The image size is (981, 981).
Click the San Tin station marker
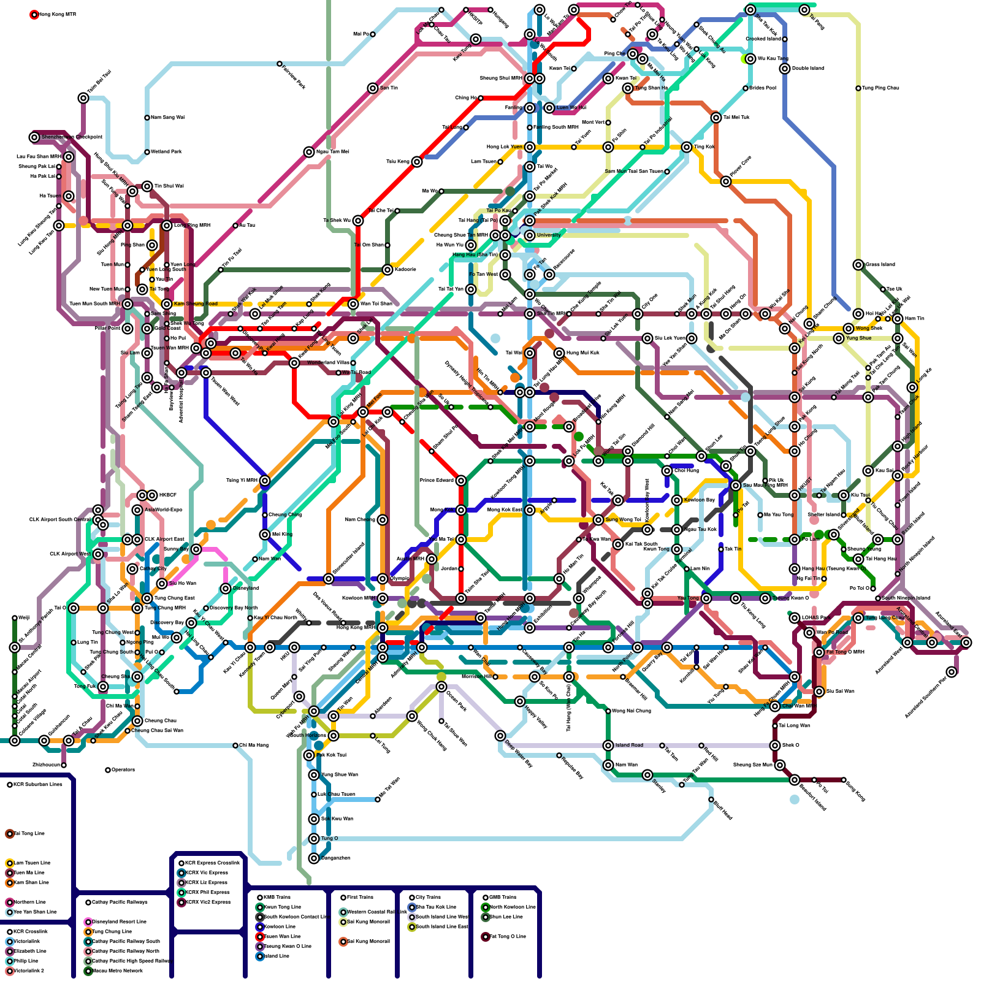click(x=373, y=88)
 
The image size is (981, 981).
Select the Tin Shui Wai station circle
click(x=147, y=186)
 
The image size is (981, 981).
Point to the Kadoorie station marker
click(x=387, y=270)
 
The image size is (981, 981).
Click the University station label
click(x=549, y=235)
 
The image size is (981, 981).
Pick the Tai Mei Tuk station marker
click(x=716, y=118)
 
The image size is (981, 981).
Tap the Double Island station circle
click(x=785, y=69)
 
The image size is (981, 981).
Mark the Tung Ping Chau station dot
click(x=858, y=88)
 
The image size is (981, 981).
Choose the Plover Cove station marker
click(x=726, y=181)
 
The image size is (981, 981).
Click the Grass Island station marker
click(x=858, y=265)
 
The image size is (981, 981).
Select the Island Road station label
click(x=629, y=745)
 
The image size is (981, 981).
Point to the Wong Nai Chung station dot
click(x=608, y=711)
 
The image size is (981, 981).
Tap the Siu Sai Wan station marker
click(x=819, y=692)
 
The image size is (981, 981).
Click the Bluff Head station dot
click(x=711, y=800)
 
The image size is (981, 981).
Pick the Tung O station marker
click(x=314, y=839)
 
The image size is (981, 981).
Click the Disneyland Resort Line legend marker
click(x=88, y=922)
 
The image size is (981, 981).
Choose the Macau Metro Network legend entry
click(x=117, y=971)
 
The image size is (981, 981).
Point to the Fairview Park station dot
click(x=280, y=64)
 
